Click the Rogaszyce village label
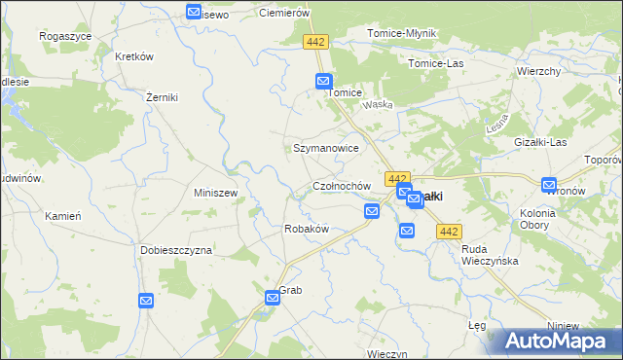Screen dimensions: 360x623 [x=65, y=35]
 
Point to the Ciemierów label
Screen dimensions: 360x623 [x=284, y=14]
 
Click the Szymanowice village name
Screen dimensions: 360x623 [x=327, y=148]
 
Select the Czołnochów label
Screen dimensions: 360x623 [x=342, y=185]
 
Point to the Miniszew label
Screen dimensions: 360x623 [x=216, y=193]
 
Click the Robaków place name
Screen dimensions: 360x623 [x=306, y=229]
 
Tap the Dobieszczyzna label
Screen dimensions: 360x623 [x=175, y=250]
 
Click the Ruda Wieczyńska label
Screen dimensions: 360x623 [x=490, y=255]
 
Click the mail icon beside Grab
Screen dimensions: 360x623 [x=273, y=298]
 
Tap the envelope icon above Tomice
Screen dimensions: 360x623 [x=324, y=83]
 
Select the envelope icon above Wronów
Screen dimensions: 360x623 [x=549, y=184]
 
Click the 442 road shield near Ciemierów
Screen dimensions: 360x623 [x=315, y=42]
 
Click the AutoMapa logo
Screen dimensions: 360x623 [x=558, y=340]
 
